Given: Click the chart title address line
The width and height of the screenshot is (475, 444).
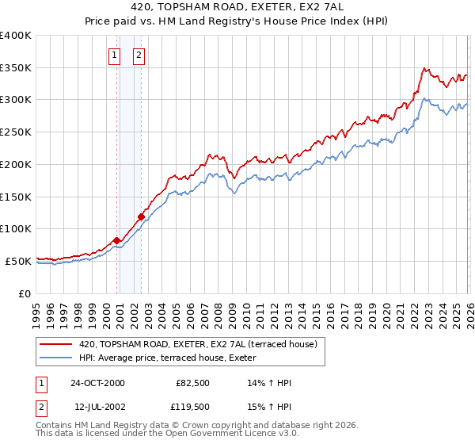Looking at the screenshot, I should [237, 7].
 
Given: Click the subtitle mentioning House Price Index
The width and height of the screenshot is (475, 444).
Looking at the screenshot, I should [237, 21].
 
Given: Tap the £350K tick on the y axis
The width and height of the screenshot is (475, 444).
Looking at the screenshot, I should [16, 68].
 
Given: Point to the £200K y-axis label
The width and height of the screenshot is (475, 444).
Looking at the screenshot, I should [16, 165].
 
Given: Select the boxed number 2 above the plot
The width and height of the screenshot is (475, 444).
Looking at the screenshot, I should [139, 55].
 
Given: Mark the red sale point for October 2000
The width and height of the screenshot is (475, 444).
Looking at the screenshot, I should [116, 240].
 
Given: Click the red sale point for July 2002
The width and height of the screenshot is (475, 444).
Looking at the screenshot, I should [141, 216].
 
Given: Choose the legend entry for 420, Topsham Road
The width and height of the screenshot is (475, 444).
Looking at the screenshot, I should [198, 344].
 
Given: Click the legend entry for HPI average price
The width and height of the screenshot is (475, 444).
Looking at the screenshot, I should [174, 358].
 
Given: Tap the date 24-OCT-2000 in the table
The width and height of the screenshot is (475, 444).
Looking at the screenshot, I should [97, 383].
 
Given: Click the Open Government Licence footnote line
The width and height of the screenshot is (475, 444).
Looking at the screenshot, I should [168, 434].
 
